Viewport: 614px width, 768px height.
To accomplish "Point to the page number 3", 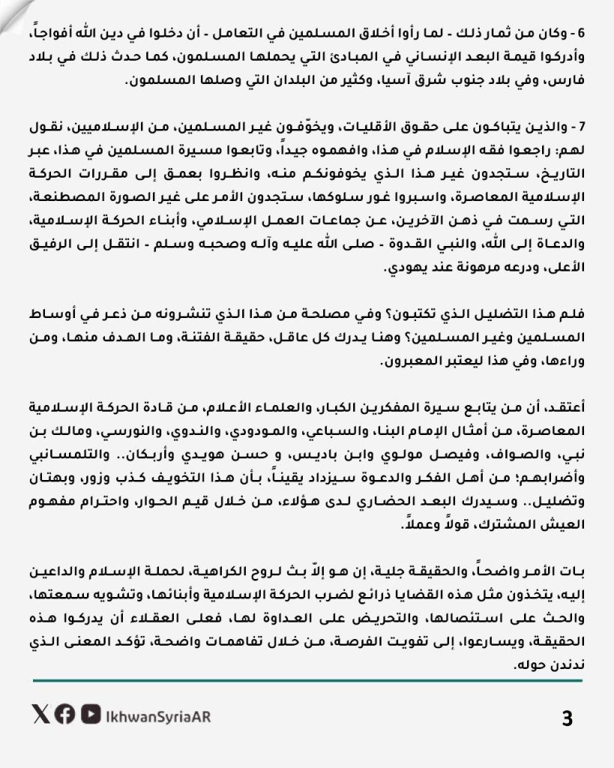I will point(567,718).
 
